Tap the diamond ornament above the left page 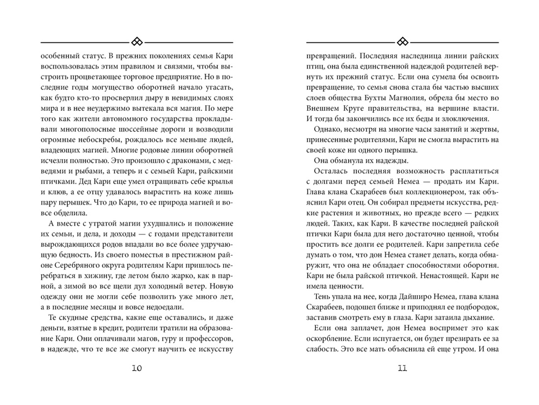coord(137,42)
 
